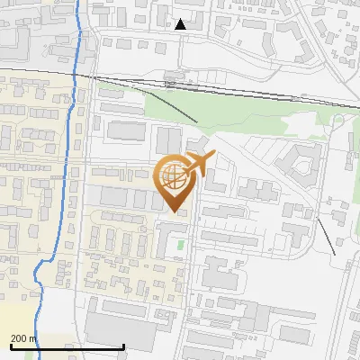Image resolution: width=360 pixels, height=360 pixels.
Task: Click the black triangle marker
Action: click(181, 24)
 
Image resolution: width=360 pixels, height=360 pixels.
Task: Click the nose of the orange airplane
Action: click(213, 156)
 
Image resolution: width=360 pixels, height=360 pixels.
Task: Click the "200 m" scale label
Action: click(23, 338)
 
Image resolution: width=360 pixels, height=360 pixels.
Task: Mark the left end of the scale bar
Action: click(10, 346)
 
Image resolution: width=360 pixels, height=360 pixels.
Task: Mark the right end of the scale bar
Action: click(123, 346)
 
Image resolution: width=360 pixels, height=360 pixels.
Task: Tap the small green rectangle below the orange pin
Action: click(180, 244)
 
